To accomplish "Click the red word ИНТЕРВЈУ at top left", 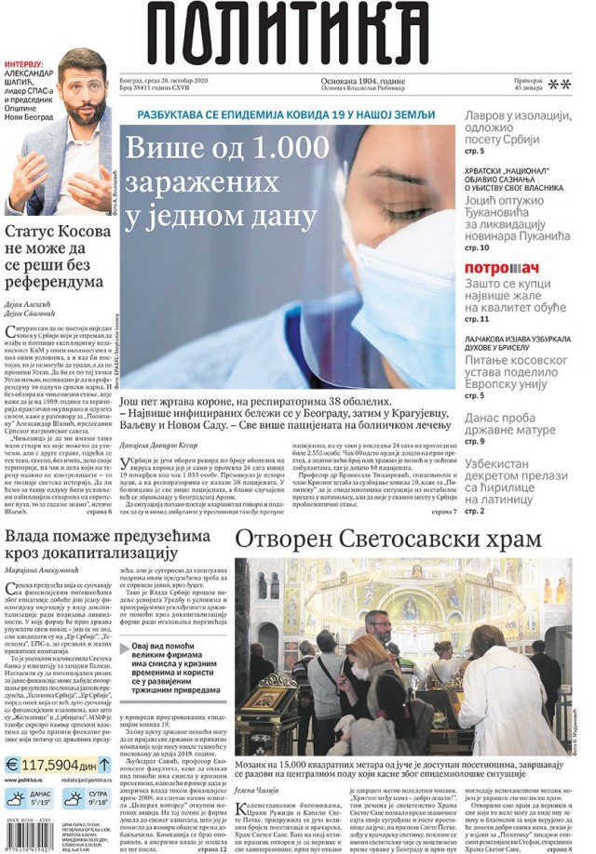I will coord(29,65).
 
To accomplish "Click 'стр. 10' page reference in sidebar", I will coord(477,247).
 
